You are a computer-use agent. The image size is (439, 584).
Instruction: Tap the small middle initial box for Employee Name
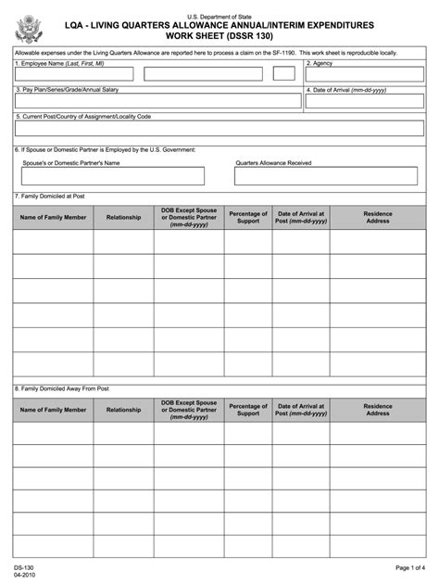(284, 74)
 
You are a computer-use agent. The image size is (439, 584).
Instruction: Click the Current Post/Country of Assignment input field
(219, 129)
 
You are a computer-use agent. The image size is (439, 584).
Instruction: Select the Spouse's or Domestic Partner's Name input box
(113, 176)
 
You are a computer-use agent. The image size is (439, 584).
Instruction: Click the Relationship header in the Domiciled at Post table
(123, 218)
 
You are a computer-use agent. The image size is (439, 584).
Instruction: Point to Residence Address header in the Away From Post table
(377, 409)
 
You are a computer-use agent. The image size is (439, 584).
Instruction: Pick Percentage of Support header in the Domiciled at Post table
(248, 218)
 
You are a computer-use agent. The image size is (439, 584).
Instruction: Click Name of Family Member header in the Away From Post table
(53, 410)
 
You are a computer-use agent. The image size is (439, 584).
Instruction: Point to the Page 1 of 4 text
(410, 566)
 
